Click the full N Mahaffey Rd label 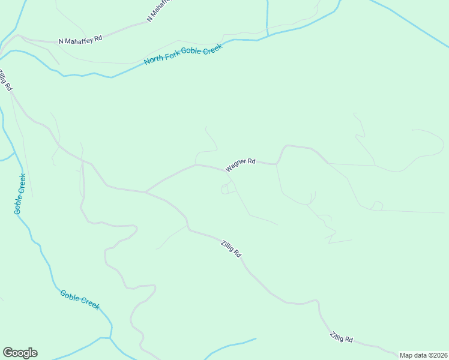click(x=80, y=40)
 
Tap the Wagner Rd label click(x=241, y=165)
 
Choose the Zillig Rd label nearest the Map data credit click(x=341, y=338)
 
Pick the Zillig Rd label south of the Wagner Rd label click(x=231, y=248)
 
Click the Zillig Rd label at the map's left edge click(x=5, y=80)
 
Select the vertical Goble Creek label click(x=20, y=194)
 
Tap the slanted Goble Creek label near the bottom click(x=80, y=299)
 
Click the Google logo click(x=20, y=353)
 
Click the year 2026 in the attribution click(x=439, y=355)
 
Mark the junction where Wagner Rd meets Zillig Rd click(x=145, y=192)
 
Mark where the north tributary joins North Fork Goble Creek click(x=267, y=35)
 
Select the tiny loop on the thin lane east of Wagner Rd click(x=377, y=206)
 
